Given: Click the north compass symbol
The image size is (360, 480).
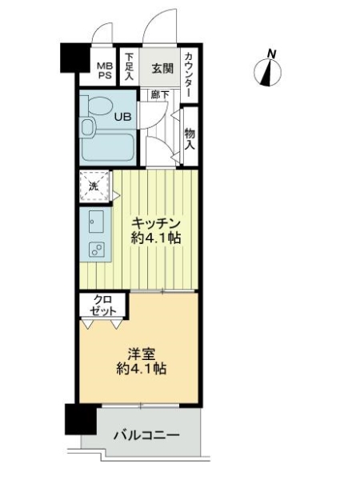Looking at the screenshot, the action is (267, 70).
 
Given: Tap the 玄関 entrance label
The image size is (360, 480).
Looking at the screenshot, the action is (162, 69).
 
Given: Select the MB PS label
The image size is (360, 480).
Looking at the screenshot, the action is (105, 70).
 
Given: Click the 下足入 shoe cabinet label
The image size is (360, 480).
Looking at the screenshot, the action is (130, 67).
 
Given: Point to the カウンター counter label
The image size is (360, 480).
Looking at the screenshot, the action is (189, 75).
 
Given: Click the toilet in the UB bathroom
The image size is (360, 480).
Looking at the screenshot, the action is (97, 106).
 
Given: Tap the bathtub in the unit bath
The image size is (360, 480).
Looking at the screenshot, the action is (108, 146).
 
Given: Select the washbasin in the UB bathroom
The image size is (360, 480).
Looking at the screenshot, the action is (88, 127).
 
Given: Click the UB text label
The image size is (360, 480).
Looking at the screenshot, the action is (122, 117).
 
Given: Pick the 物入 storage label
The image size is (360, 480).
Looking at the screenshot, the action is (190, 139).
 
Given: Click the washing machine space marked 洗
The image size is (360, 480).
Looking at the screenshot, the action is (94, 186).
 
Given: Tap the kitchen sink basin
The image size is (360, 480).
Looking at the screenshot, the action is (96, 222).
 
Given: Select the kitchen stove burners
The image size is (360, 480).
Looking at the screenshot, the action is (96, 249).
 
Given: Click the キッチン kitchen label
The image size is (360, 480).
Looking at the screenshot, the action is (156, 223).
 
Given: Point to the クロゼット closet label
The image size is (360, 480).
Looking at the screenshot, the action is (103, 305).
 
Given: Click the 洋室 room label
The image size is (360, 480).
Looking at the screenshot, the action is (142, 354).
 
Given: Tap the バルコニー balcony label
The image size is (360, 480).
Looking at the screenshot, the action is (146, 434).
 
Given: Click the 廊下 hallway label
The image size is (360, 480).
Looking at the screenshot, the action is (159, 94).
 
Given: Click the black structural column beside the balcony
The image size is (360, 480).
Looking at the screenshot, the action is (81, 419).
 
